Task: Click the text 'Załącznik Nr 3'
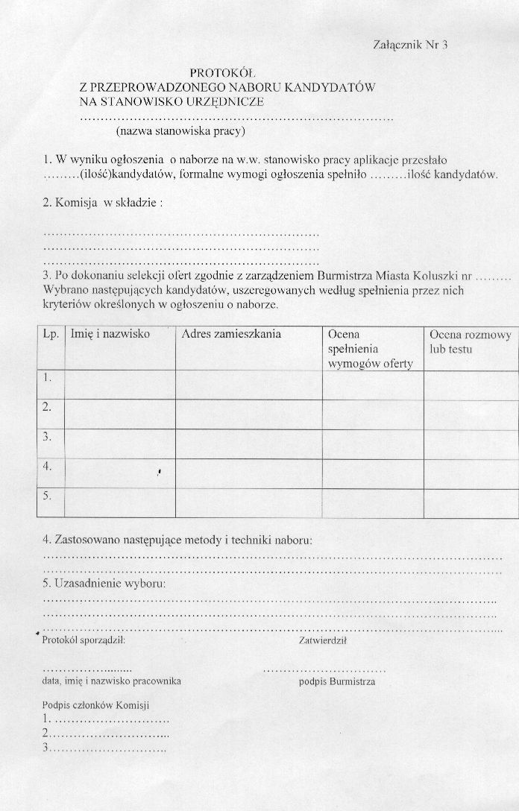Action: point(409,45)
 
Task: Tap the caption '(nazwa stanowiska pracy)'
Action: point(180,132)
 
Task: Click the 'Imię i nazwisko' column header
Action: point(110,335)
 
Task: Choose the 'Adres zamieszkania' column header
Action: point(231,335)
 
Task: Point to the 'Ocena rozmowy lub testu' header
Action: point(470,341)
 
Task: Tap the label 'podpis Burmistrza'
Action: point(337,681)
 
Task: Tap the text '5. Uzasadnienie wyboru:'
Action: point(104,583)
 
